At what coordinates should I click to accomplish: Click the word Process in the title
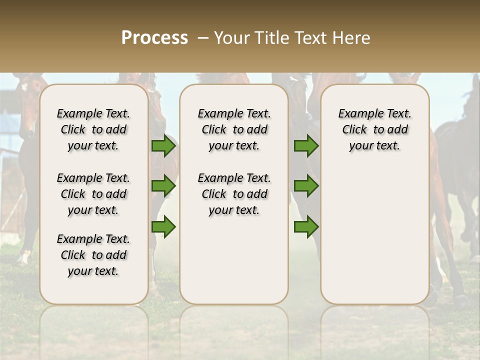tap(154, 38)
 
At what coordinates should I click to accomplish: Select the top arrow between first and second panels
tap(163, 146)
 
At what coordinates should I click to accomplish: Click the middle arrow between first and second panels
tap(163, 186)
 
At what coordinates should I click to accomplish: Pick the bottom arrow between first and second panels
tap(163, 227)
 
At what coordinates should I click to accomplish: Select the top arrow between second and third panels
tap(306, 146)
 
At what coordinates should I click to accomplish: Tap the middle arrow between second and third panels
tap(306, 186)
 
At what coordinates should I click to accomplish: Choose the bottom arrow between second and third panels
tap(306, 227)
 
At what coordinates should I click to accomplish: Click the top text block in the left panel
tap(93, 129)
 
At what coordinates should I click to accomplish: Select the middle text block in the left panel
tap(93, 194)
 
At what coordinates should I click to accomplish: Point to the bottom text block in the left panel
tap(93, 255)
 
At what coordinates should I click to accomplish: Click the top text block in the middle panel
tap(234, 129)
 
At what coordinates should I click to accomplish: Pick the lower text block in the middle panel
tap(234, 194)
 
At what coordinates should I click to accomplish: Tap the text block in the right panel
tap(375, 129)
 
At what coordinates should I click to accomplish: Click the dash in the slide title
tap(202, 38)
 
